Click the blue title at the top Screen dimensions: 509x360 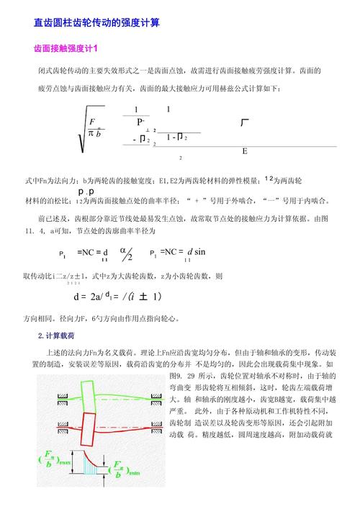pos(97,23)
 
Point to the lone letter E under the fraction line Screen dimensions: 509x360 pos(245,152)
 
